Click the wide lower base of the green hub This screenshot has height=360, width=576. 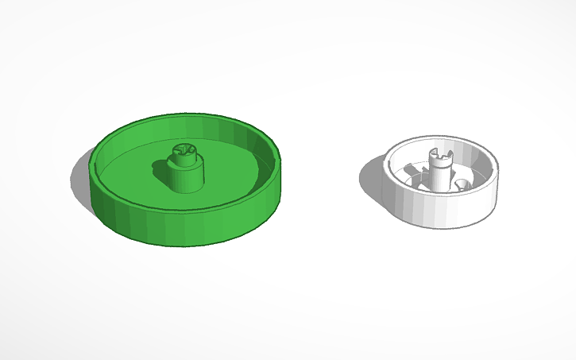point(186,179)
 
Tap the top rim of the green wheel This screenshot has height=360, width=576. point(187,119)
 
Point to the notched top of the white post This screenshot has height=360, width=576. point(439,151)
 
